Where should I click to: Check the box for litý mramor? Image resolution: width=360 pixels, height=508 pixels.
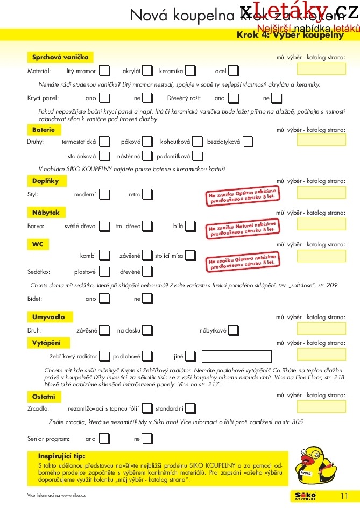[x=105, y=70]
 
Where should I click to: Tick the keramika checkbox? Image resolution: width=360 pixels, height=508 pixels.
[x=190, y=70]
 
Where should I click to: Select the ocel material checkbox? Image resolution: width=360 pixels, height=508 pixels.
[x=233, y=70]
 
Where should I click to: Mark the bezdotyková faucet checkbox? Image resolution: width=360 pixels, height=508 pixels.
[x=248, y=142]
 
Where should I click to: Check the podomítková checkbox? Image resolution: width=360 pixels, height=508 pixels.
[x=197, y=156]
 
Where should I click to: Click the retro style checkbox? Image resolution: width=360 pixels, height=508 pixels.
[x=147, y=194]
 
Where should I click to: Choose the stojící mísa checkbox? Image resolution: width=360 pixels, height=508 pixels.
[x=191, y=256]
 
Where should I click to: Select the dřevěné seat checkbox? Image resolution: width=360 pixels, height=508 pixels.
[x=147, y=272]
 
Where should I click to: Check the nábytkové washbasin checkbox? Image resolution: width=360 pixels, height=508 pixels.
[x=234, y=330]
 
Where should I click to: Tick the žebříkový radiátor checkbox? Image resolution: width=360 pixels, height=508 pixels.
[x=105, y=356]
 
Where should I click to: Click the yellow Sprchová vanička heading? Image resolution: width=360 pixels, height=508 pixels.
[x=60, y=57]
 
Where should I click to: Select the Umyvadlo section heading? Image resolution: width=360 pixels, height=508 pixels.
[x=49, y=316]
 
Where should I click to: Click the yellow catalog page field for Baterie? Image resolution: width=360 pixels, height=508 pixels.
[x=321, y=140]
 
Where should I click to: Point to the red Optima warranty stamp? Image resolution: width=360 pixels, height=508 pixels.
[x=242, y=196]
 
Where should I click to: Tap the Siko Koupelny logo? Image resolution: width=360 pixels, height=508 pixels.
[x=305, y=495]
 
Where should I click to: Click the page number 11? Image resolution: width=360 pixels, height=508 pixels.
[x=344, y=495]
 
